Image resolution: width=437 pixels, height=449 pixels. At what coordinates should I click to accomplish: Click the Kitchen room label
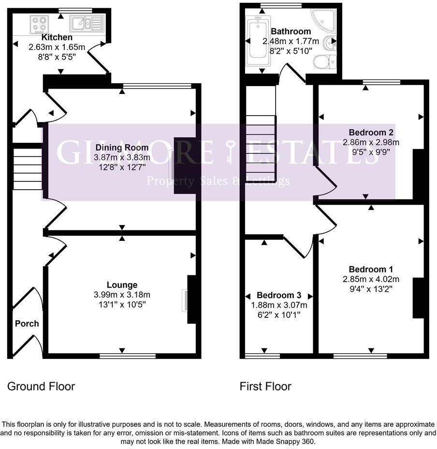coord(57,37)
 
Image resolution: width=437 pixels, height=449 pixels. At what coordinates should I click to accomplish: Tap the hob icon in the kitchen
coord(38,23)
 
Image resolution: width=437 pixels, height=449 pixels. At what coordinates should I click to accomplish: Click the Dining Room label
coord(122,148)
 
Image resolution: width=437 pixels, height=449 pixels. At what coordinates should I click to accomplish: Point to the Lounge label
coord(122,285)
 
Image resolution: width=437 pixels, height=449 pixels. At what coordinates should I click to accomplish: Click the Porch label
coord(27,324)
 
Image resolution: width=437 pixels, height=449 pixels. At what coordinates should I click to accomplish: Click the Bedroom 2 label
coord(371,132)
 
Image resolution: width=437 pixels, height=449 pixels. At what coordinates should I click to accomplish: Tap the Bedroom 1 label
coord(371,269)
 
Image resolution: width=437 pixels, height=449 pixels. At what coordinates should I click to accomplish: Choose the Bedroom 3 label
coord(279,295)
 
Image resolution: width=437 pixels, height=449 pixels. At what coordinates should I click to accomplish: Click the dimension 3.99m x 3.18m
coord(122,295)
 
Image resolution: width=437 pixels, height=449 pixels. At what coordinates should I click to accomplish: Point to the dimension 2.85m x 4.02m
coord(371,279)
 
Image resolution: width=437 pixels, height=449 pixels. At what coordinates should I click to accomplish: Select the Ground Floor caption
coord(41,386)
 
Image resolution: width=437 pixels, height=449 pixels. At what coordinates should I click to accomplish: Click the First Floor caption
coord(265,386)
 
